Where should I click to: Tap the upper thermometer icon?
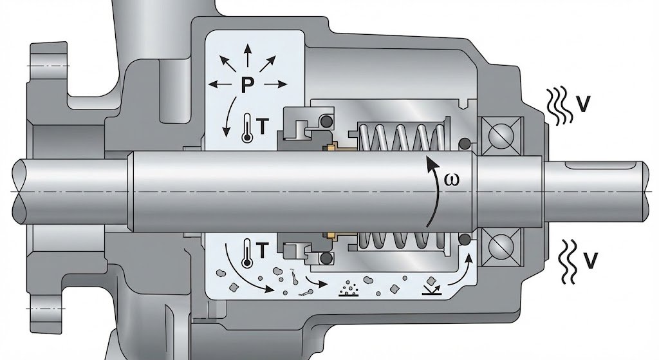click(248, 127)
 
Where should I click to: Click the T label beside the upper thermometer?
click(263, 128)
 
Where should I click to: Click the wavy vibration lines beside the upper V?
click(558, 105)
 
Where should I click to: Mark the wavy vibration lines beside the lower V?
click(566, 262)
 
